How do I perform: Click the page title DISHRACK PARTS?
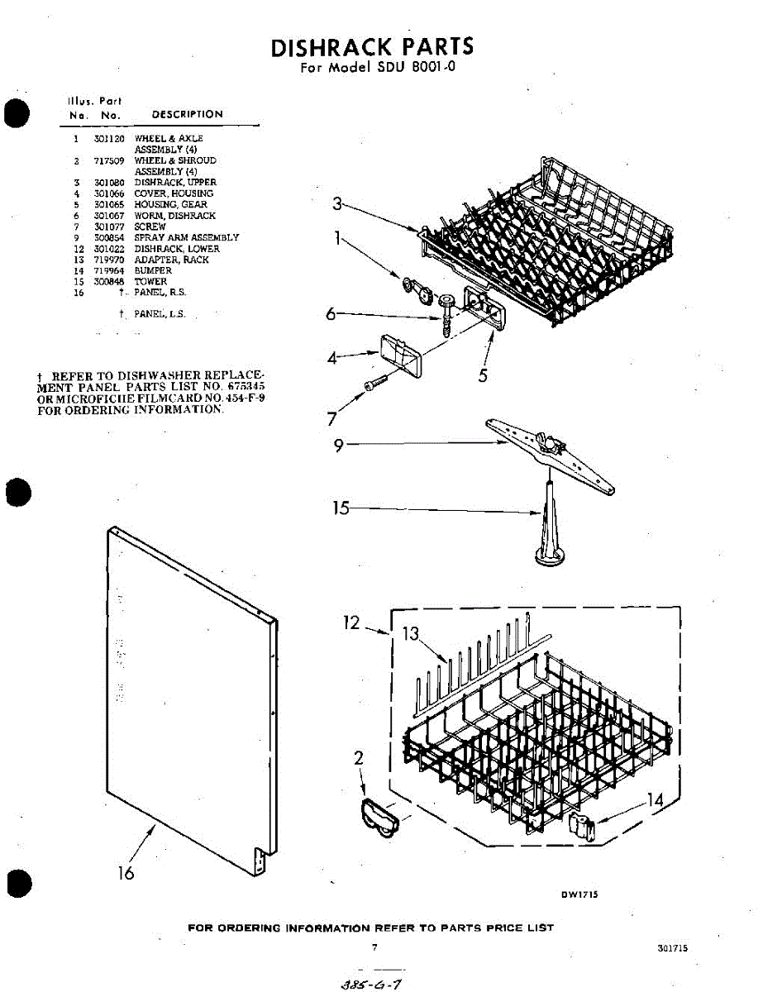click(373, 47)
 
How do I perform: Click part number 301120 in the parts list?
click(109, 139)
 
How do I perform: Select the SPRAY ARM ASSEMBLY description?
click(186, 238)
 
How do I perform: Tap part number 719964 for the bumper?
click(109, 271)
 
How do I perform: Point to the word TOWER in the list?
click(150, 282)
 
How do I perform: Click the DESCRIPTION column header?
click(187, 115)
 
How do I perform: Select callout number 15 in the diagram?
click(341, 508)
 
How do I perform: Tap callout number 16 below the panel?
click(126, 873)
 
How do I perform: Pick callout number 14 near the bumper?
click(655, 800)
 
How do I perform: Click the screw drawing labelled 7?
click(376, 383)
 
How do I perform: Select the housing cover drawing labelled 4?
click(396, 353)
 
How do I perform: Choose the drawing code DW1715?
click(579, 894)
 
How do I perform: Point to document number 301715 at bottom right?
click(673, 949)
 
